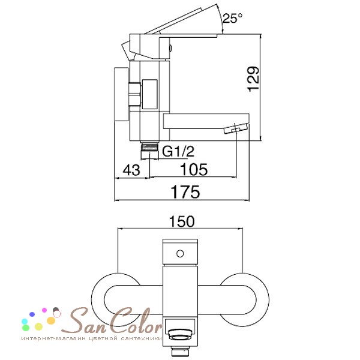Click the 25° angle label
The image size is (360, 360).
click(232, 19)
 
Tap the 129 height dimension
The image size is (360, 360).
click(254, 79)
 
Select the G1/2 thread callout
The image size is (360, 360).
click(178, 152)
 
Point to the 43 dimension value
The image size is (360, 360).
click(131, 170)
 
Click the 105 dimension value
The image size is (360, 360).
click(194, 169)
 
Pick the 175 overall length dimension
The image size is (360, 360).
click(185, 192)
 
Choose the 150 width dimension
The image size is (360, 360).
click(182, 221)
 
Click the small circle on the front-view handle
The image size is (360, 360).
click(180, 254)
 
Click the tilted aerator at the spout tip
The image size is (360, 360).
click(236, 128)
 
